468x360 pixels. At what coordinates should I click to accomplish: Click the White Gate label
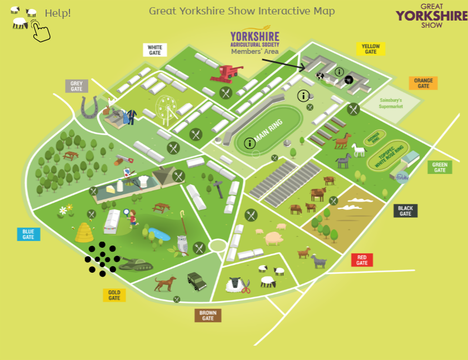155,50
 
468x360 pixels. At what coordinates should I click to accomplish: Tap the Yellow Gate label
371,49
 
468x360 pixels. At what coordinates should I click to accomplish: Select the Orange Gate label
424,83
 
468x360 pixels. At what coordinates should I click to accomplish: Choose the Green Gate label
440,167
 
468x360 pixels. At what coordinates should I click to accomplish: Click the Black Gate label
405,211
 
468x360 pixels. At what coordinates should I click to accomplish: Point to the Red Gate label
362,259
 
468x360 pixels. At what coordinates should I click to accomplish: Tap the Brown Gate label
208,316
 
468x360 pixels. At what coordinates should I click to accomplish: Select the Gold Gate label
114,295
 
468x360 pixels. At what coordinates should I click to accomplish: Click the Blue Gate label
28,234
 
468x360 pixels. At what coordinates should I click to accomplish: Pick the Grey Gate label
77,86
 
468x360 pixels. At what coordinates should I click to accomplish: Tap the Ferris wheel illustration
166,108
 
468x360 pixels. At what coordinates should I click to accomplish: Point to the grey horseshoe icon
89,107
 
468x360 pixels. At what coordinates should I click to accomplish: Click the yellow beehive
84,231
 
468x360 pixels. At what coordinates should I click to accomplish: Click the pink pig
273,238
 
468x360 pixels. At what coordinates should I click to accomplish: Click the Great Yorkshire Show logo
431,15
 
